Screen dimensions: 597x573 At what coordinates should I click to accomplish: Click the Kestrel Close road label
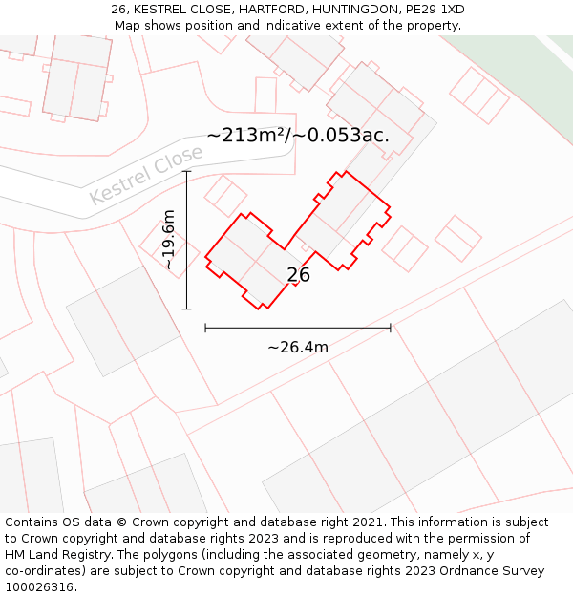[x=146, y=174]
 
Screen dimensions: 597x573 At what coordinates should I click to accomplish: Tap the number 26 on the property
[x=299, y=275]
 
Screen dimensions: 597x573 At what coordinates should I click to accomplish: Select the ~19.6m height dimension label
[x=169, y=240]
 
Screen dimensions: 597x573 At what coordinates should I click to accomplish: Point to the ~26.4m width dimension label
[x=298, y=347]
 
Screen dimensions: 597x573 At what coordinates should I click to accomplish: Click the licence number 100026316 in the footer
[x=41, y=587]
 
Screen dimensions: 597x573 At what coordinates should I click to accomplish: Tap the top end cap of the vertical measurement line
[x=186, y=172]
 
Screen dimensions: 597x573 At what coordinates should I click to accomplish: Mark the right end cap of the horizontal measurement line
[x=390, y=328]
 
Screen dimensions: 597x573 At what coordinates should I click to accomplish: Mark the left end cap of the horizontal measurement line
[x=205, y=328]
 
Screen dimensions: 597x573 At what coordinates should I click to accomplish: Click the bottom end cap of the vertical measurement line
[x=186, y=309]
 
